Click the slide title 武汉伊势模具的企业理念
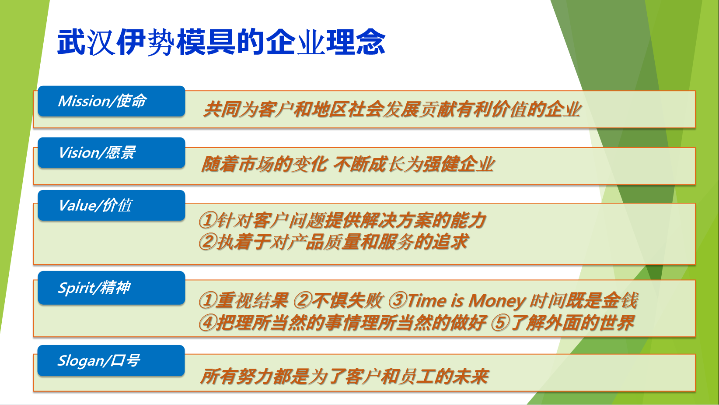tap(221, 42)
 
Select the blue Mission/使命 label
tap(112, 101)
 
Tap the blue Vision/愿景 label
tap(112, 153)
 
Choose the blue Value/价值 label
tap(112, 205)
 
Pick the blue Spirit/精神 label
tap(112, 288)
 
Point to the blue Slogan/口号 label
tap(111, 361)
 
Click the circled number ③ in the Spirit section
tap(398, 300)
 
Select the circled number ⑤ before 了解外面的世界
tap(500, 323)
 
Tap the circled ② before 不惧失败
tap(302, 300)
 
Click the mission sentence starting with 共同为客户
tap(392, 109)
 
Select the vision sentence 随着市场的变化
tap(348, 164)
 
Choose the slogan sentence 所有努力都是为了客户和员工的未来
tap(344, 376)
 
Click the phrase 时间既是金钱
tap(583, 300)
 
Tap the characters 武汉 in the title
tap(86, 42)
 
